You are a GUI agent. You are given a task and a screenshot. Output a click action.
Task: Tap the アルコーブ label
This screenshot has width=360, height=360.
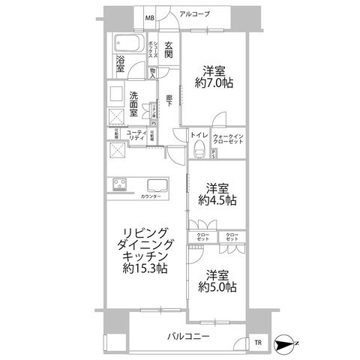pos(194,14)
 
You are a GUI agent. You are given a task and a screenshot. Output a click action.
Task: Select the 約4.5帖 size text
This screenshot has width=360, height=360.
pos(217,200)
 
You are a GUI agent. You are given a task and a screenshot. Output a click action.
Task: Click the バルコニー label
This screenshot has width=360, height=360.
pos(187,337)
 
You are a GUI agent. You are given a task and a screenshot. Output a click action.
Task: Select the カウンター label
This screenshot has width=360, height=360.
pos(150,196)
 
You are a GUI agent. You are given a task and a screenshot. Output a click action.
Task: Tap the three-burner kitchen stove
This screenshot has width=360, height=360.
pos(121,184)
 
